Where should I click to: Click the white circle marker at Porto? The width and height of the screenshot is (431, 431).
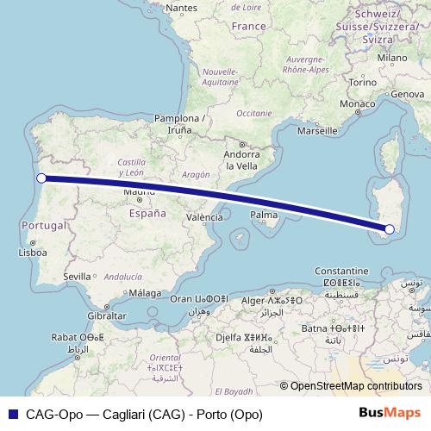click(x=41, y=178)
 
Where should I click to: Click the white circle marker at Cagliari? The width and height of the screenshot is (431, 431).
click(x=390, y=229)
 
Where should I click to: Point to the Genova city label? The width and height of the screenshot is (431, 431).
click(x=408, y=92)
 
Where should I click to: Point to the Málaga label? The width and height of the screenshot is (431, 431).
click(x=147, y=293)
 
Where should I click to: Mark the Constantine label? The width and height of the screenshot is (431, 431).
click(x=342, y=270)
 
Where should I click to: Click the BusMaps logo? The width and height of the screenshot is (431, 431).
click(x=390, y=413)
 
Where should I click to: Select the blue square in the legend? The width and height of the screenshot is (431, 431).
click(x=12, y=413)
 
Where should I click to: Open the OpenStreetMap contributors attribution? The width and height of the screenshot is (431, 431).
click(x=355, y=386)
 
